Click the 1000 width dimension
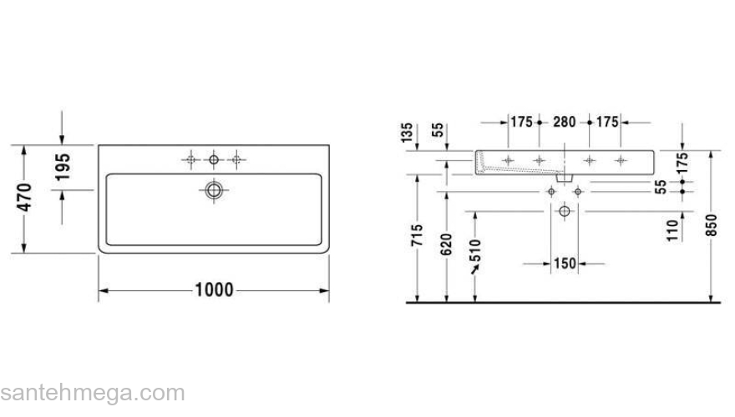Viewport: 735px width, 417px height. [214, 290]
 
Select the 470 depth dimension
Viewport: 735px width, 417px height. [25, 198]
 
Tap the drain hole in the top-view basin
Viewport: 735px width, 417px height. [215, 190]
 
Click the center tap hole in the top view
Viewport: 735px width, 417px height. [215, 158]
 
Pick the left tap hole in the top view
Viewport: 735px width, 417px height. [192, 158]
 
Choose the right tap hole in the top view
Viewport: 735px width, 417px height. [237, 158]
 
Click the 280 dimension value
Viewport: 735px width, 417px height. [565, 123]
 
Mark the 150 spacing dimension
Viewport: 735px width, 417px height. [565, 264]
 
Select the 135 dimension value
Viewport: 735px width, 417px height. [407, 133]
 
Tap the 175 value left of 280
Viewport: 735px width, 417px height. [521, 123]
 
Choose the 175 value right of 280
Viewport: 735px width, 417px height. [607, 123]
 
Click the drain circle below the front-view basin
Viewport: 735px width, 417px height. [565, 212]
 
